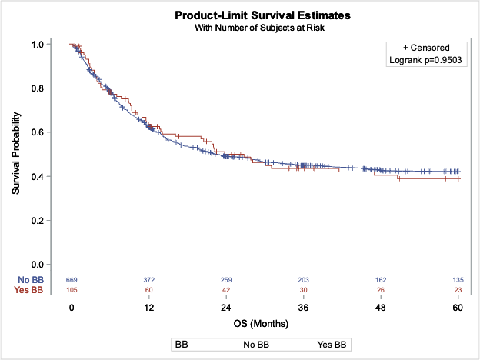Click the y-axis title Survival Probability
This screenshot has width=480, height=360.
point(16,155)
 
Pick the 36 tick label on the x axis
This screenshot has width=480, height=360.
point(303,307)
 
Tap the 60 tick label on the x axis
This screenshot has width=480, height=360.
point(458,307)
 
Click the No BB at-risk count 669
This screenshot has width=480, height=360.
point(72,278)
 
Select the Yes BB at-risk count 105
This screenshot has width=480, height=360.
point(72,289)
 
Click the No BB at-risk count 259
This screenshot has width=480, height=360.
point(226,278)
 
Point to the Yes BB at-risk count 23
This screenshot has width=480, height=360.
point(458,289)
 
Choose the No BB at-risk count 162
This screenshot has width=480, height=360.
point(380,278)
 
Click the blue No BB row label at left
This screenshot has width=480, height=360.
point(24,278)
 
